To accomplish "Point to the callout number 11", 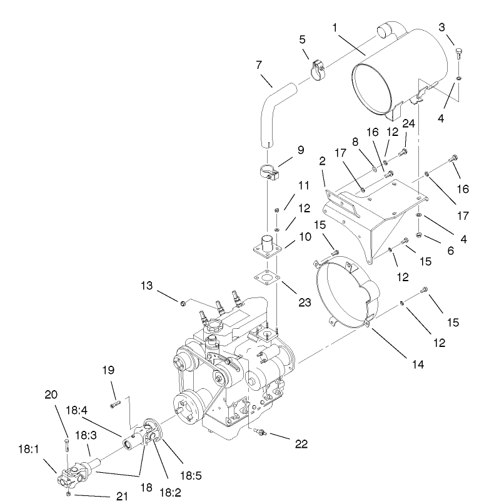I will click(304, 187).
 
